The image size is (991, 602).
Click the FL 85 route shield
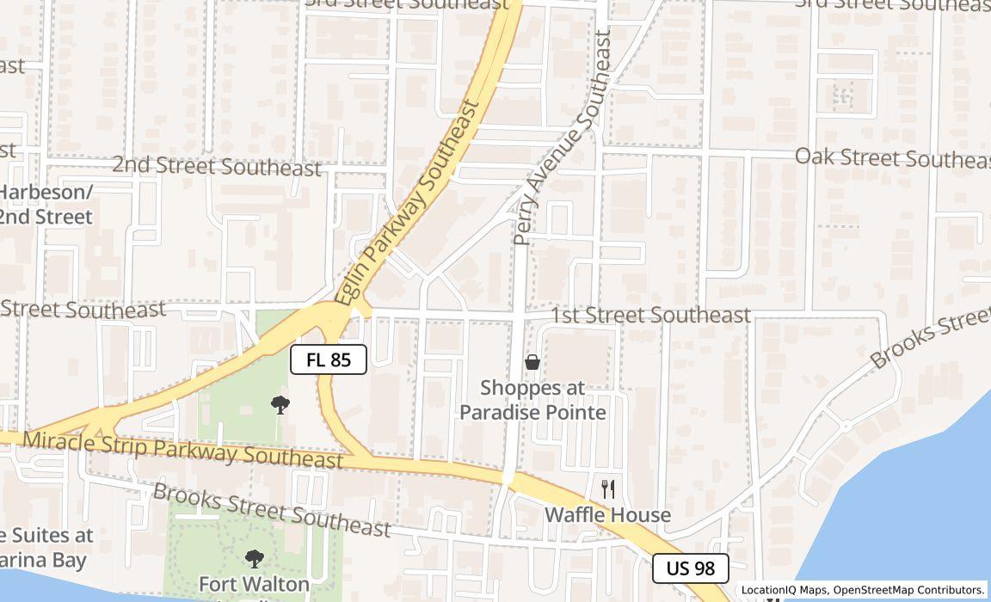click(329, 359)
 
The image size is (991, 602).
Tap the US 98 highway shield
click(690, 568)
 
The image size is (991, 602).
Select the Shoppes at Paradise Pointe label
click(532, 400)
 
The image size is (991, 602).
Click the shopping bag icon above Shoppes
click(532, 362)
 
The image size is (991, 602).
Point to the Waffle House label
click(607, 515)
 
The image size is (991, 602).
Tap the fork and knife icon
click(608, 489)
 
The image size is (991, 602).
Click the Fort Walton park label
click(254, 584)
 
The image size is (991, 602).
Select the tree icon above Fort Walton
click(254, 559)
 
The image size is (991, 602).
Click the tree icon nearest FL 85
click(280, 404)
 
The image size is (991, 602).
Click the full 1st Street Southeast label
click(650, 316)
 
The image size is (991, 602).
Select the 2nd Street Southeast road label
click(217, 166)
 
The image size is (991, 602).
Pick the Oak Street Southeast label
click(892, 157)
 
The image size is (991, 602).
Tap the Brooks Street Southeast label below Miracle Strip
click(271, 510)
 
